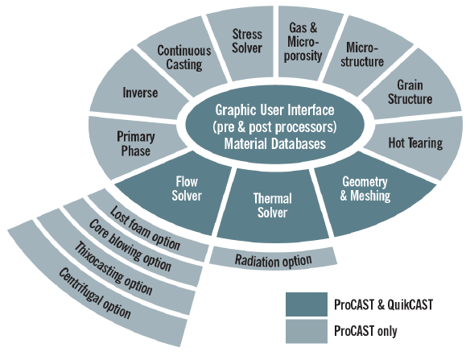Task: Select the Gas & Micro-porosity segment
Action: (x=305, y=42)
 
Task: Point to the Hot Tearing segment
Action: (x=414, y=143)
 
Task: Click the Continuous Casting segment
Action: (x=183, y=57)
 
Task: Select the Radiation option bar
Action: (x=272, y=259)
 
